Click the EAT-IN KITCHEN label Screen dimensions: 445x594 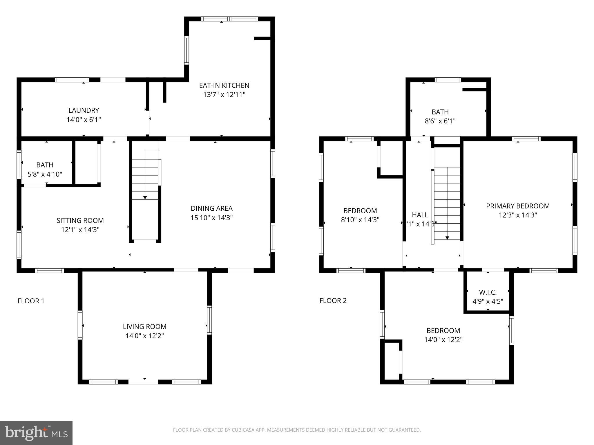(224, 85)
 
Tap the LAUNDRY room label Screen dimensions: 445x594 (84, 110)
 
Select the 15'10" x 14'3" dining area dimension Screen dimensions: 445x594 (211, 218)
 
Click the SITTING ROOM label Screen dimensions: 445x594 (80, 220)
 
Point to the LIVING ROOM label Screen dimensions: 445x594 (144, 327)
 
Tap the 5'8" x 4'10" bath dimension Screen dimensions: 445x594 (45, 174)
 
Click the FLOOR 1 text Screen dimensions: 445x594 (31, 301)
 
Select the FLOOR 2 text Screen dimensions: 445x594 (333, 301)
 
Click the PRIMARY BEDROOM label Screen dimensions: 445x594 (518, 206)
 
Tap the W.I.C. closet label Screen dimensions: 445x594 (488, 292)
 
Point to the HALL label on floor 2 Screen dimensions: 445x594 (420, 215)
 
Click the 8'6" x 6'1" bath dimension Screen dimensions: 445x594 (440, 121)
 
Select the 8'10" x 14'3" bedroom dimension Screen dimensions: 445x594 (360, 220)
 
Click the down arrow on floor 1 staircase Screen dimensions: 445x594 (145, 197)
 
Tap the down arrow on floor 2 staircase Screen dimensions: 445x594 (447, 238)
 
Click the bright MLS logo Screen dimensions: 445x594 (36, 433)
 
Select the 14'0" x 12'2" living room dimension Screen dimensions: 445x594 (144, 336)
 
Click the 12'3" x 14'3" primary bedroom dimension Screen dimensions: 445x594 (518, 215)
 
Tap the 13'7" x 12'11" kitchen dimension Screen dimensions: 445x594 (224, 95)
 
